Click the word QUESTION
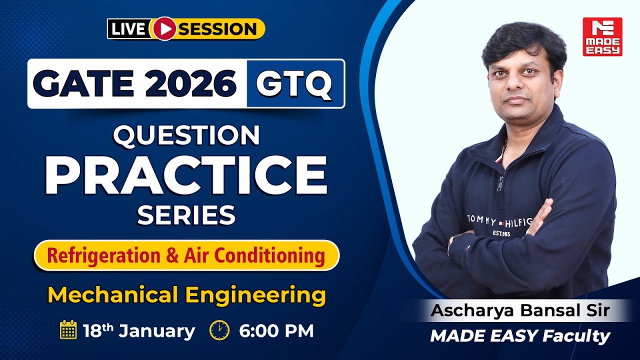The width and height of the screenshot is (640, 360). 186,135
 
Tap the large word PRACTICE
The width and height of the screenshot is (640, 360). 186,175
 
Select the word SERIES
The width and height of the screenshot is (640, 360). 186,215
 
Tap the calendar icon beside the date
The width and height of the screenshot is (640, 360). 68,330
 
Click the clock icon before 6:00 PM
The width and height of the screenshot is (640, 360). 219,330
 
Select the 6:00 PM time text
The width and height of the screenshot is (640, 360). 276,330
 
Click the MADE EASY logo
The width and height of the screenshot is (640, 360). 602,36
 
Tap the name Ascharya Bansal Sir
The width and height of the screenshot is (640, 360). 520,310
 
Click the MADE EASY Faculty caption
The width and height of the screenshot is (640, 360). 520,336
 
